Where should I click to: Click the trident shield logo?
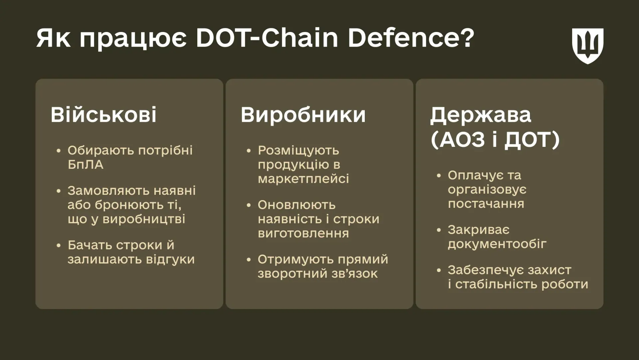588,46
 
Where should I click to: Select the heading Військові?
104,115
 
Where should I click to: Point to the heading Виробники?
303,115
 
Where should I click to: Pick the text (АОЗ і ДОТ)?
495,140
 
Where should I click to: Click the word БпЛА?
86,165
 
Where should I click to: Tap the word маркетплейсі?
303,179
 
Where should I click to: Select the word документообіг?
497,244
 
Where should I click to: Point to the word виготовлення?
303,233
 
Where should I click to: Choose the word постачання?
486,204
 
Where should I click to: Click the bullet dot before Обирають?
59,151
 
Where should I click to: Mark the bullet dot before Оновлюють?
249,205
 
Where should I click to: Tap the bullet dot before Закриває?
439,230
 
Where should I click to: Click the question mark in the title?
467,38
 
